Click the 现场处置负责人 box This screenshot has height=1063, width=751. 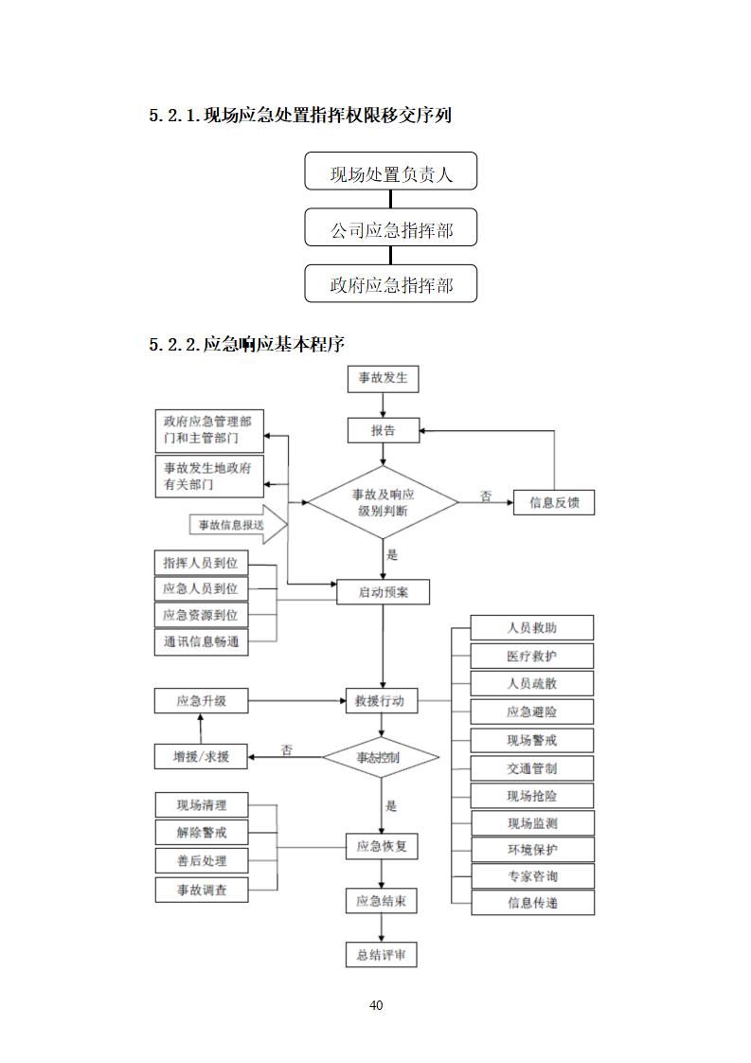click(390, 173)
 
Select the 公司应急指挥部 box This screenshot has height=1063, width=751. click(390, 229)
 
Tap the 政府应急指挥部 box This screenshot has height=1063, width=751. click(390, 285)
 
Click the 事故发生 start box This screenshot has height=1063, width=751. click(383, 378)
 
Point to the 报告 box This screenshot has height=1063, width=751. click(383, 430)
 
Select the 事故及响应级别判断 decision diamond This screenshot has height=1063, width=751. click(384, 502)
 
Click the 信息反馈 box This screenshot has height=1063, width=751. click(554, 503)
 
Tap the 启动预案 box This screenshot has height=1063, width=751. click(383, 592)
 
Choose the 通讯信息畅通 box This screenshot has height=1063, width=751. click(201, 641)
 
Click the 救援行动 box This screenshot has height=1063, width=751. click(381, 701)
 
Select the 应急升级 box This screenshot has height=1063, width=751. click(201, 701)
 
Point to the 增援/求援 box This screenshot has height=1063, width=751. click(201, 756)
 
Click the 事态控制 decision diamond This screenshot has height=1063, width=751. click(381, 757)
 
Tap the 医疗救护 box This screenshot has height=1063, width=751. click(532, 656)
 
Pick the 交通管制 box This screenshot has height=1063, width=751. click(532, 767)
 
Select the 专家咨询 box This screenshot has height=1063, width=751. click(532, 876)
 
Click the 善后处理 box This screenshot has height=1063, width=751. click(201, 860)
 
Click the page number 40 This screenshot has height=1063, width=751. click(376, 1005)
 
